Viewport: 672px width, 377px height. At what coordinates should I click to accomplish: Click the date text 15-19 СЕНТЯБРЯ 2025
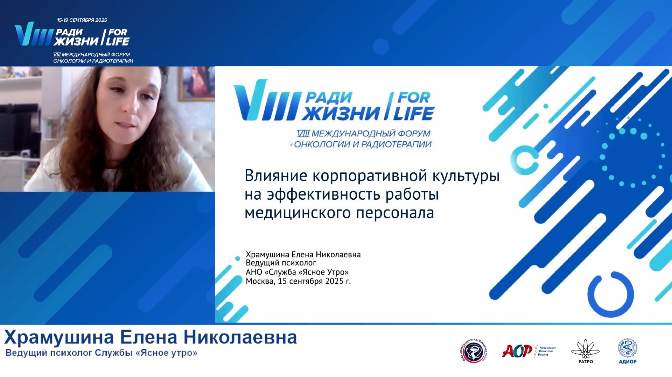(x=82, y=20)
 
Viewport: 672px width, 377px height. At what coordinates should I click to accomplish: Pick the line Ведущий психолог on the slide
(x=281, y=263)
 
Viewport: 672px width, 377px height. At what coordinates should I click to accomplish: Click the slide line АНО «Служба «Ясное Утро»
(x=297, y=272)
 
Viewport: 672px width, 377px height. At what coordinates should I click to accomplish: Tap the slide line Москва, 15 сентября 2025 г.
(x=298, y=281)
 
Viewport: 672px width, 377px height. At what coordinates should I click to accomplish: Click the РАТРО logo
(x=585, y=351)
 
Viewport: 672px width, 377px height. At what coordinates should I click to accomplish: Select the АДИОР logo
(x=627, y=351)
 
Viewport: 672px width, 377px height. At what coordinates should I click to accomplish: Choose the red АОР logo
(x=517, y=351)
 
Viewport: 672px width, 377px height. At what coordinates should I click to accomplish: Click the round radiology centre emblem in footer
(x=474, y=351)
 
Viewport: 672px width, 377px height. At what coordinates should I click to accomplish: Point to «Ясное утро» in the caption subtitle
(x=166, y=353)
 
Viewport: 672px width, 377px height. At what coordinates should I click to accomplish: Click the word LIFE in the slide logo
(x=413, y=113)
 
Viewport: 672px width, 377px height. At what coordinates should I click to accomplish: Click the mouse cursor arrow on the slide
(x=291, y=143)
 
